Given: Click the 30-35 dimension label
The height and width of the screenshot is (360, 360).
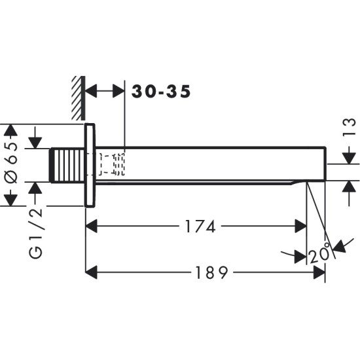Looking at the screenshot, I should [161, 92].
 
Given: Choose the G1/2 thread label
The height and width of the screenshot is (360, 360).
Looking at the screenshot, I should [36, 232].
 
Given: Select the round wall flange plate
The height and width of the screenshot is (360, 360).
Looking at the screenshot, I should [90, 164].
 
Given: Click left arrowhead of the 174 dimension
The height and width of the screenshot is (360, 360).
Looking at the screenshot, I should [92, 226].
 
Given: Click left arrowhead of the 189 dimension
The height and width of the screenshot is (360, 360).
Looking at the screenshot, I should [92, 272].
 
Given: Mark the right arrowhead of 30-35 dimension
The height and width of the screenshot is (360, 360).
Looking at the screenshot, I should [119, 92].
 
